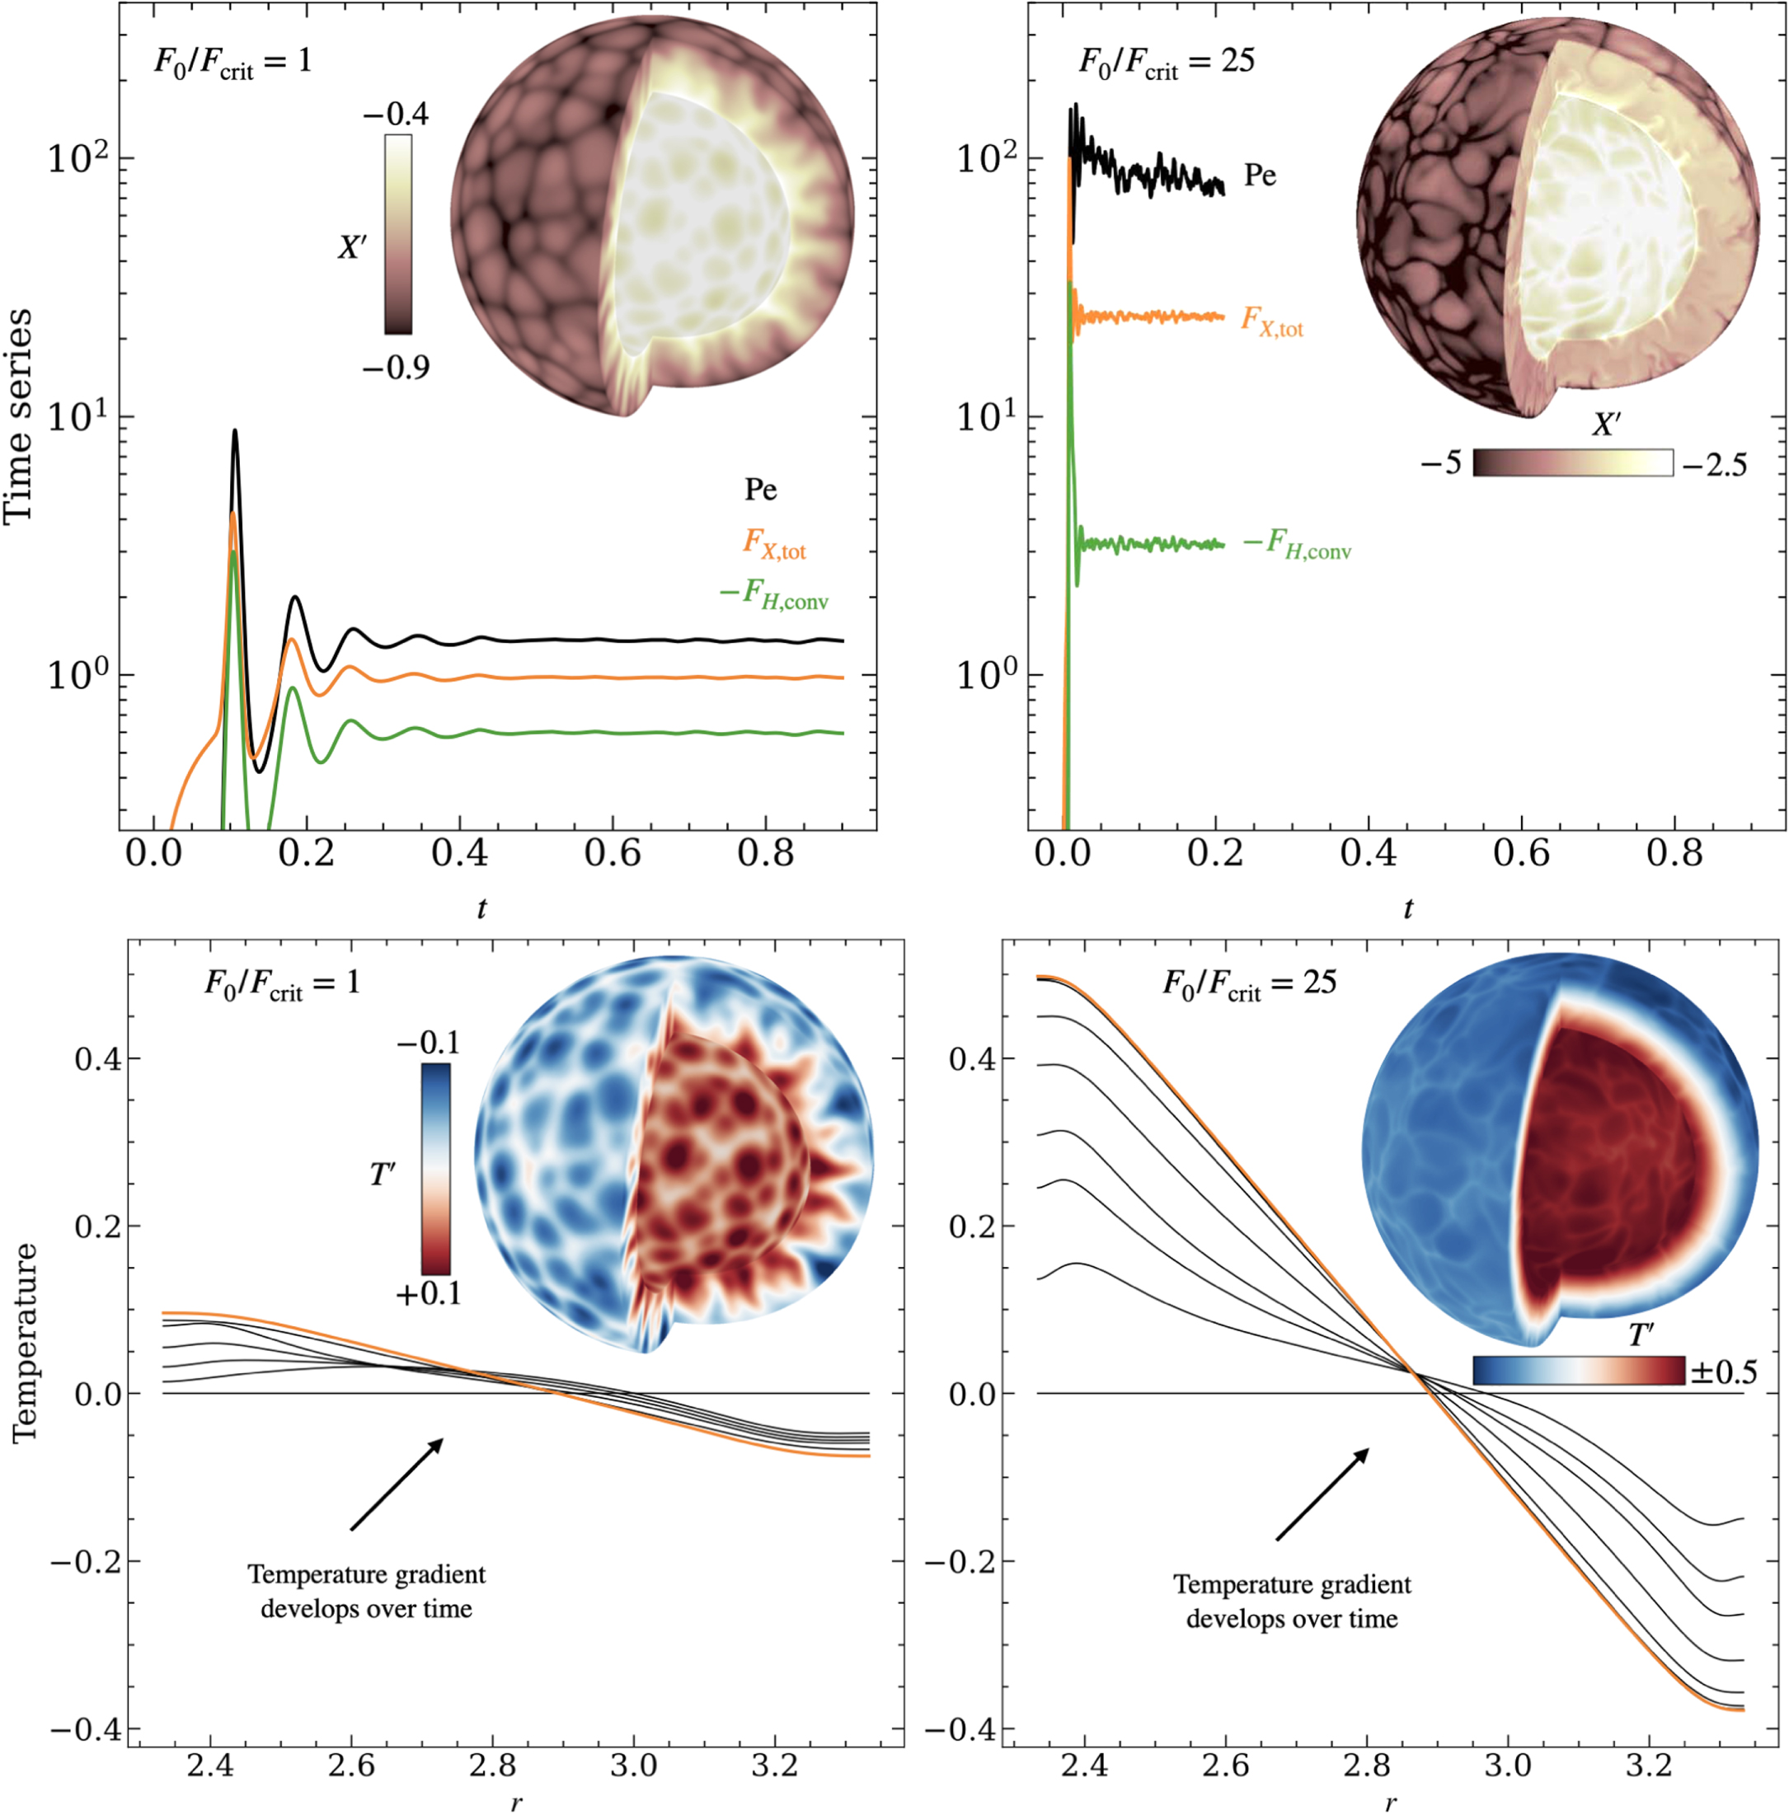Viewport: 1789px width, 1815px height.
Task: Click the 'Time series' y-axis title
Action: click(19, 416)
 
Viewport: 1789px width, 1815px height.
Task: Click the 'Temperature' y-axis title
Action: click(25, 1344)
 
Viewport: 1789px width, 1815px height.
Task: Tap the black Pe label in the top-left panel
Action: click(760, 490)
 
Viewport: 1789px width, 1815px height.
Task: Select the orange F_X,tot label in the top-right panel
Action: click(1272, 321)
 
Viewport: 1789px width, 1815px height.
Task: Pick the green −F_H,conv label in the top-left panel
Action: click(774, 594)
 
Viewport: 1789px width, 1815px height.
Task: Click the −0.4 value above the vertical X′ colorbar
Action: click(396, 115)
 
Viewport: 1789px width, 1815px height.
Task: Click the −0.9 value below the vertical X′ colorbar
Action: click(396, 368)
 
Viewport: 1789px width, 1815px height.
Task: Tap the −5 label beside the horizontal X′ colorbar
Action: click(1441, 463)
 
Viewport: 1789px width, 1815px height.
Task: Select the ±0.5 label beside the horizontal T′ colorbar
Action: click(1723, 1372)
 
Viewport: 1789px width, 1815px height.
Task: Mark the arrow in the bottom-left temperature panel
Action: click(397, 1484)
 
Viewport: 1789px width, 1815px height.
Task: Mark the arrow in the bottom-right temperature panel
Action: click(1322, 1494)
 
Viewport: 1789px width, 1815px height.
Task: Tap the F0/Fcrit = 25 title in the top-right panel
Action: click(1166, 62)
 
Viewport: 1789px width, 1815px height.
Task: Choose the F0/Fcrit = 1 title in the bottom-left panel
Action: click(282, 983)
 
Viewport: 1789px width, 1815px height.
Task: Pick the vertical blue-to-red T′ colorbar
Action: click(435, 1169)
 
